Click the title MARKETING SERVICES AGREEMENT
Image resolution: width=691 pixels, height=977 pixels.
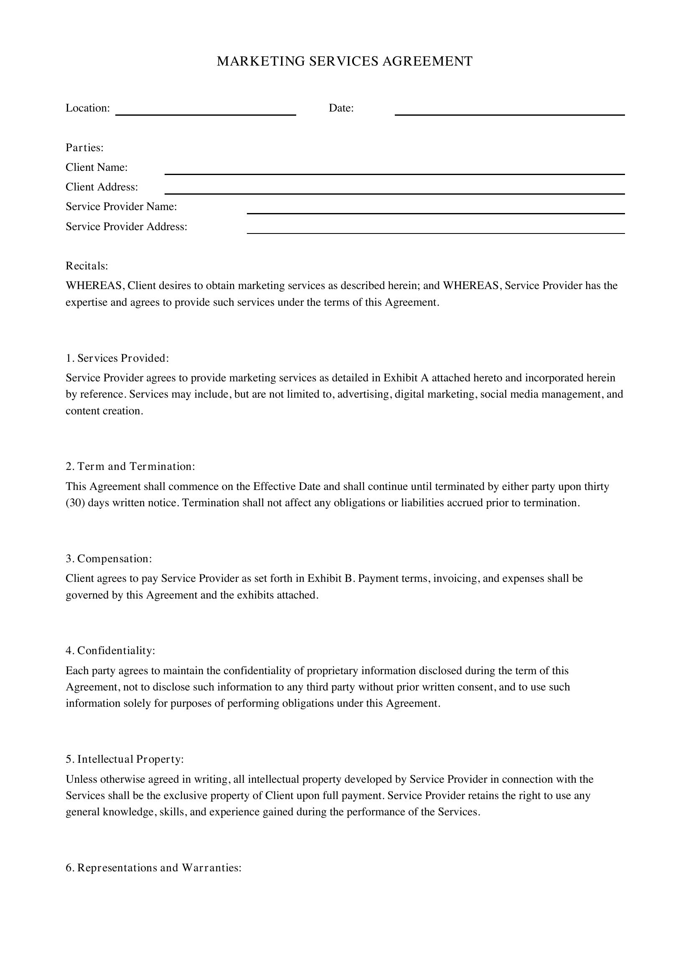click(345, 61)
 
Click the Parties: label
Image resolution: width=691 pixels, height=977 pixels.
click(85, 147)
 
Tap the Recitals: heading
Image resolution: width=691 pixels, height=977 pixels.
click(87, 266)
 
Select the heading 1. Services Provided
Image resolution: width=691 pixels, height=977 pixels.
click(117, 358)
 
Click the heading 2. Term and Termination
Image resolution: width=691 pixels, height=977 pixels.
click(130, 467)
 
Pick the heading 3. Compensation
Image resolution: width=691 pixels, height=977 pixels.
click(109, 559)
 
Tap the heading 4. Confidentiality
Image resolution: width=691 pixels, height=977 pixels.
click(110, 651)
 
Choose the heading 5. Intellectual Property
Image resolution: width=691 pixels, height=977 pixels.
click(124, 759)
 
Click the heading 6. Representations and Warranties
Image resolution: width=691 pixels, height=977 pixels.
click(154, 868)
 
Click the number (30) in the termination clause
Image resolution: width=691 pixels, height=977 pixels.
click(75, 503)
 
